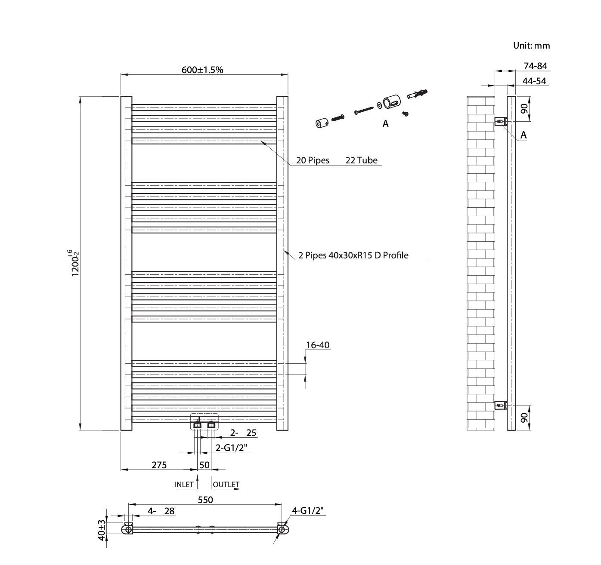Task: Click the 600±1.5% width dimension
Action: coord(202,70)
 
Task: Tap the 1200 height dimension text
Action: coord(74,263)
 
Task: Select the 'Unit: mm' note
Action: coord(531,46)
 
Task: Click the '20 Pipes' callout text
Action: coord(313,160)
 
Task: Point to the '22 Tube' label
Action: coord(361,160)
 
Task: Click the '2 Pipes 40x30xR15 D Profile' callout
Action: coord(353,255)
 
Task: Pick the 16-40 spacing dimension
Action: coord(318,345)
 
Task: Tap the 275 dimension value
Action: coord(159,465)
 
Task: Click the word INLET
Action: coord(184,485)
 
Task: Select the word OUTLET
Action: coord(226,485)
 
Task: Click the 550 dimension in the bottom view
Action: coord(205,500)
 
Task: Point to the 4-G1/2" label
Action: coord(308,510)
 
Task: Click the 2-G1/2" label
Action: coord(232,448)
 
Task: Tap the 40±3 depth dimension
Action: coord(101,530)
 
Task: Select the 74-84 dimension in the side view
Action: coord(535,66)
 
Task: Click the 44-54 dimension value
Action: coord(534,81)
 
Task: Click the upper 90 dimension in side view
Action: coord(524,108)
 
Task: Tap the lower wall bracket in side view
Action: coord(501,405)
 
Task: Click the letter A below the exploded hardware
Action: coord(386,124)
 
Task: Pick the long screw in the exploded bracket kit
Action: coord(364,110)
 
